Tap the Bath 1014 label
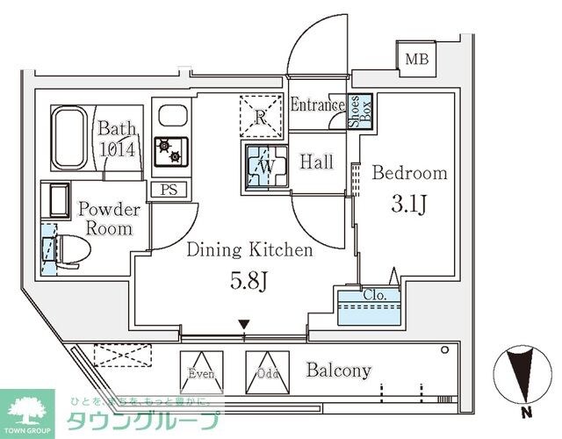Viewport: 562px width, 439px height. [x=117, y=138]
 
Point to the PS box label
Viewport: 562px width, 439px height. [x=167, y=190]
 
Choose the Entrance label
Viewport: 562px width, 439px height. [x=317, y=106]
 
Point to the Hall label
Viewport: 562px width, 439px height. [x=315, y=162]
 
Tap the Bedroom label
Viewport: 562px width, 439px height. [x=410, y=173]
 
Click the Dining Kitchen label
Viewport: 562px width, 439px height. [x=249, y=251]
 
